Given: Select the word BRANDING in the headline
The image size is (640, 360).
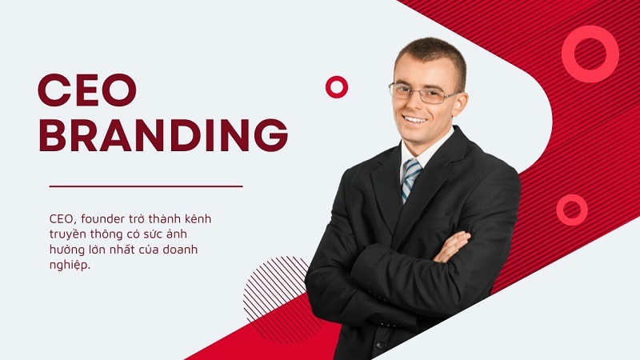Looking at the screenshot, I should click(162, 135).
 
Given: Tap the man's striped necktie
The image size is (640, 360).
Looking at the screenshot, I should click(410, 178).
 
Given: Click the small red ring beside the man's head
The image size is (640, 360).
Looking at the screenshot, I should click(337, 87).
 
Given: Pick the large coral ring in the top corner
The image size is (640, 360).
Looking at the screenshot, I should click(590, 54).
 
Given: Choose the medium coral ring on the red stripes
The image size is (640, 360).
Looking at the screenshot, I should click(572, 209).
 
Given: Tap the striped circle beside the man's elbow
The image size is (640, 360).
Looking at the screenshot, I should click(275, 288).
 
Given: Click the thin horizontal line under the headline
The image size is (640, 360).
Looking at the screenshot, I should click(146, 186).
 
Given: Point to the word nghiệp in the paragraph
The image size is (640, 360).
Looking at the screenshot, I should click(69, 265).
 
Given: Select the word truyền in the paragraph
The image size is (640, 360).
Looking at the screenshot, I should click(66, 234).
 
